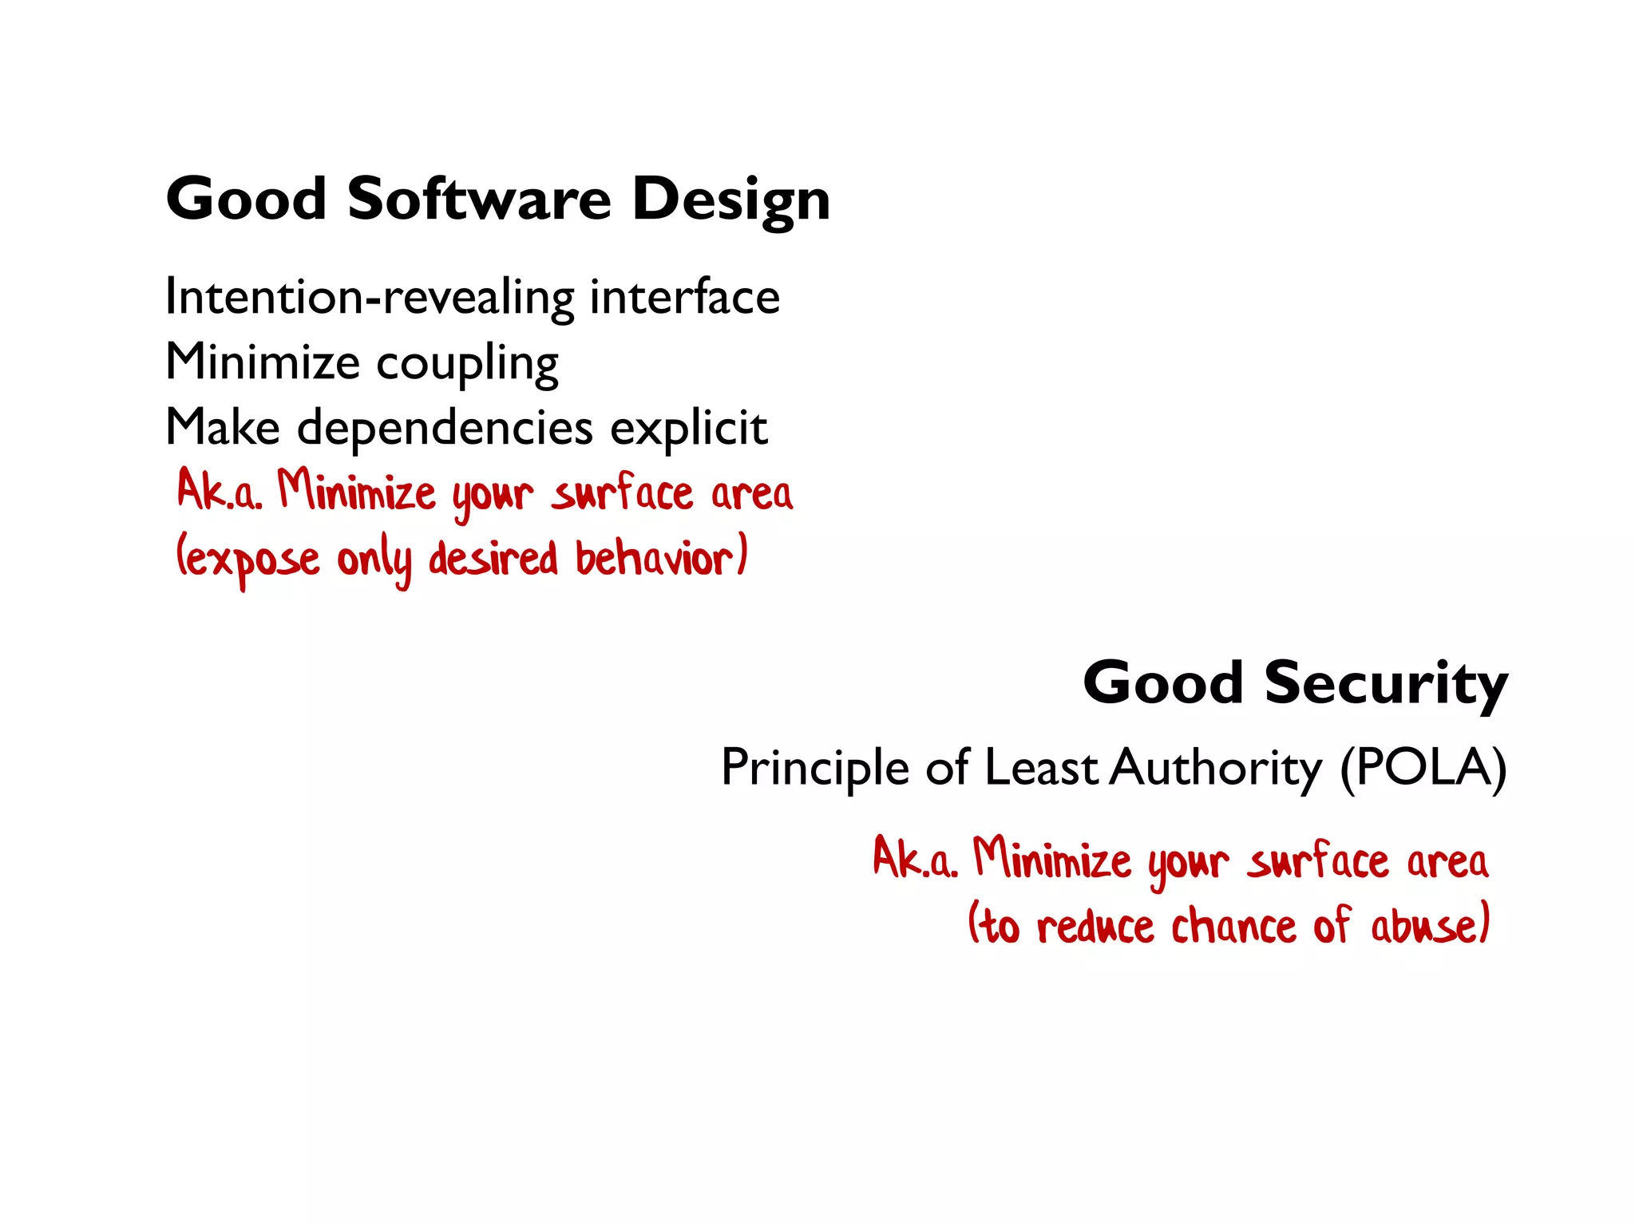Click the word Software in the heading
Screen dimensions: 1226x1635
click(x=479, y=200)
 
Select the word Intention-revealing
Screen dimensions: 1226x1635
click(x=369, y=299)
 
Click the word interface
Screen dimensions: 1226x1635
click(x=684, y=297)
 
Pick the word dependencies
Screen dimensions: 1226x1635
click(x=445, y=428)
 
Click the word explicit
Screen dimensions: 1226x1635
click(x=688, y=429)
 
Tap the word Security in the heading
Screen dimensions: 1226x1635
click(x=1386, y=684)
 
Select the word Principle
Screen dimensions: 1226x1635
click(x=814, y=769)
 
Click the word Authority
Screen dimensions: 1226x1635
click(x=1216, y=769)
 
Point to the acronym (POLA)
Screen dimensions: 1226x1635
click(x=1423, y=769)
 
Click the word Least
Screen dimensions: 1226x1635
click(x=1041, y=767)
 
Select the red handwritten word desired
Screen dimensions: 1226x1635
click(x=493, y=558)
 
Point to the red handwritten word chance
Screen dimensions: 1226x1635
click(x=1233, y=926)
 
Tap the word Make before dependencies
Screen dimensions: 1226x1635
click(x=223, y=428)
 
